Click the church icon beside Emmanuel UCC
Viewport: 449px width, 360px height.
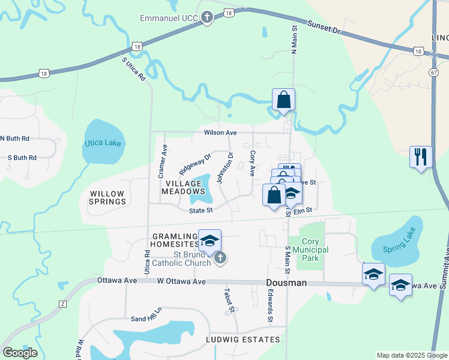(x=207, y=17)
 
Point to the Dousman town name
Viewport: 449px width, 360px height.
(x=286, y=283)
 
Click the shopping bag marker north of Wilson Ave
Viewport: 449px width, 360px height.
(x=283, y=100)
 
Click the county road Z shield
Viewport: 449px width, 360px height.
(x=62, y=304)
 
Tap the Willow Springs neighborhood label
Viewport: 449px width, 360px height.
(x=108, y=197)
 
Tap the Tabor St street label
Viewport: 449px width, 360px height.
(x=228, y=301)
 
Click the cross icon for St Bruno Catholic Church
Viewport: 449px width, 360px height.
(x=220, y=259)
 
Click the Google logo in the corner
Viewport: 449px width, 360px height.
(x=20, y=353)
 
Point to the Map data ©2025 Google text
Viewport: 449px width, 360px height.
(x=411, y=355)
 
